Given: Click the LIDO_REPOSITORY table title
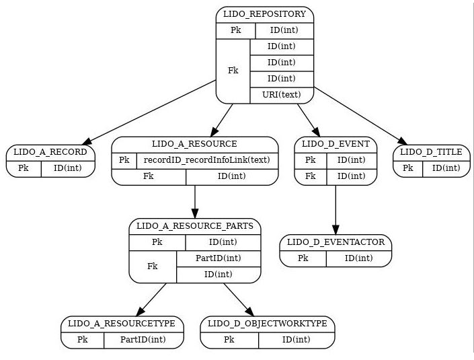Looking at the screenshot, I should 264,14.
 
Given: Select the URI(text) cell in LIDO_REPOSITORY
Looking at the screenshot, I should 282,94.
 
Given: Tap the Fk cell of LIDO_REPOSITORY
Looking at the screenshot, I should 233,71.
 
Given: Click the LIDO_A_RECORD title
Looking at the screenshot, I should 50,152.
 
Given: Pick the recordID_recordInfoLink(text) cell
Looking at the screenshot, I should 206,160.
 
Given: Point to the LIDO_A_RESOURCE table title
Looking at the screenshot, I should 194,144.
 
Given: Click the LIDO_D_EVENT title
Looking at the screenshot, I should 335,144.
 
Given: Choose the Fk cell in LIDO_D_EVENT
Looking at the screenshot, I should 310,176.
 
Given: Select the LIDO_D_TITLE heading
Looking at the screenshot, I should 431,152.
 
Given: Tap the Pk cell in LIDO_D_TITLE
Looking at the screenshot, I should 407,168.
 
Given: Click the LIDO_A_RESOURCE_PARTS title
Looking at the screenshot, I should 194,226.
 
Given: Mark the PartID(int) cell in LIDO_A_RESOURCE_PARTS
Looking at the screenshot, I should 218,258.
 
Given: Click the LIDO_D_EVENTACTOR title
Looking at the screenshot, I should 335,242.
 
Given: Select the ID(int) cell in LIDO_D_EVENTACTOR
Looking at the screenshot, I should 358,258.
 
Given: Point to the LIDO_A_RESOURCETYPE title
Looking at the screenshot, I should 122,324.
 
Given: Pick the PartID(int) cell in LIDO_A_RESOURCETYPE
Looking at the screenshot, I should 143,340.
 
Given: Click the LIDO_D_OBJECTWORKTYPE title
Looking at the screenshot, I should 267,324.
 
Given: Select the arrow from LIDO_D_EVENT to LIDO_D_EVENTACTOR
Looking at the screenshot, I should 335,209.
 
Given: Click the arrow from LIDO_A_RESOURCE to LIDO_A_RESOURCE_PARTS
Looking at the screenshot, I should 194,201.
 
